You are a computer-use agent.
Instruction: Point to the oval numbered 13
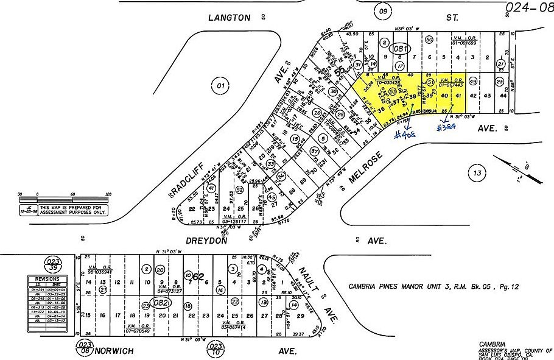(477, 174)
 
